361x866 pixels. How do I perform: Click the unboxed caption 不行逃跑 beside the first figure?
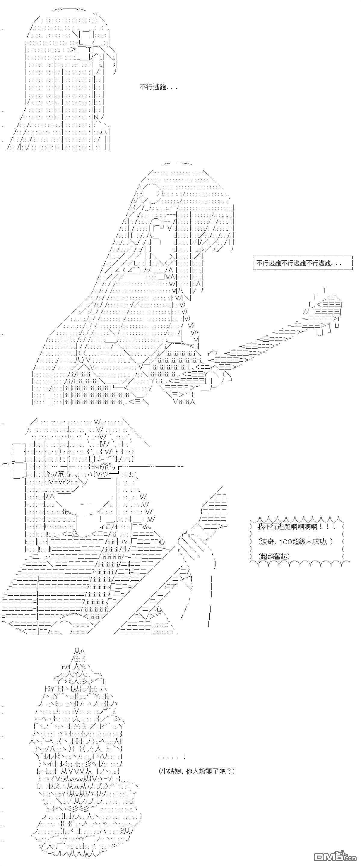tap(158, 87)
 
